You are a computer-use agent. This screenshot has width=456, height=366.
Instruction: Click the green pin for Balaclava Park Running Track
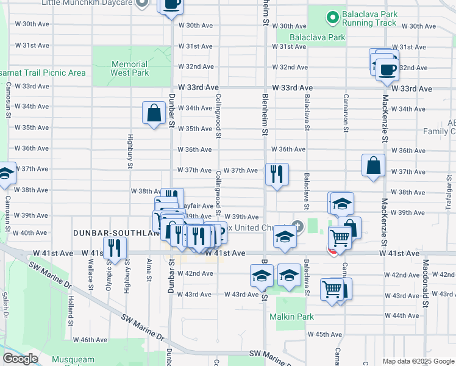332,18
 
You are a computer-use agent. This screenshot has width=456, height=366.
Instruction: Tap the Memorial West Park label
129,68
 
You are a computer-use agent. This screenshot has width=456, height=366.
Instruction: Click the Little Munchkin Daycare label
87,3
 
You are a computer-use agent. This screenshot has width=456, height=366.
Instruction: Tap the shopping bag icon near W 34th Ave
154,113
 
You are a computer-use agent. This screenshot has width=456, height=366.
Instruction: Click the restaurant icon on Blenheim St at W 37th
277,174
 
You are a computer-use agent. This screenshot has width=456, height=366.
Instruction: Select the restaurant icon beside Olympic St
114,248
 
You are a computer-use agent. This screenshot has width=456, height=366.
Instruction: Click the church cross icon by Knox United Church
297,226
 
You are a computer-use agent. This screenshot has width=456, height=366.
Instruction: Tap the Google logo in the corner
20,359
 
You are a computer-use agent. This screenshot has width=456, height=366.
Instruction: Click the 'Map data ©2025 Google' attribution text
418,361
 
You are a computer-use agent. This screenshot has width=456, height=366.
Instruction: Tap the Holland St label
71,309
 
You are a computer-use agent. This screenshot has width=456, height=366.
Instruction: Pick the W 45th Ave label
324,334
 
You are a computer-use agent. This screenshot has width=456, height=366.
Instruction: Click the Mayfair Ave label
199,206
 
